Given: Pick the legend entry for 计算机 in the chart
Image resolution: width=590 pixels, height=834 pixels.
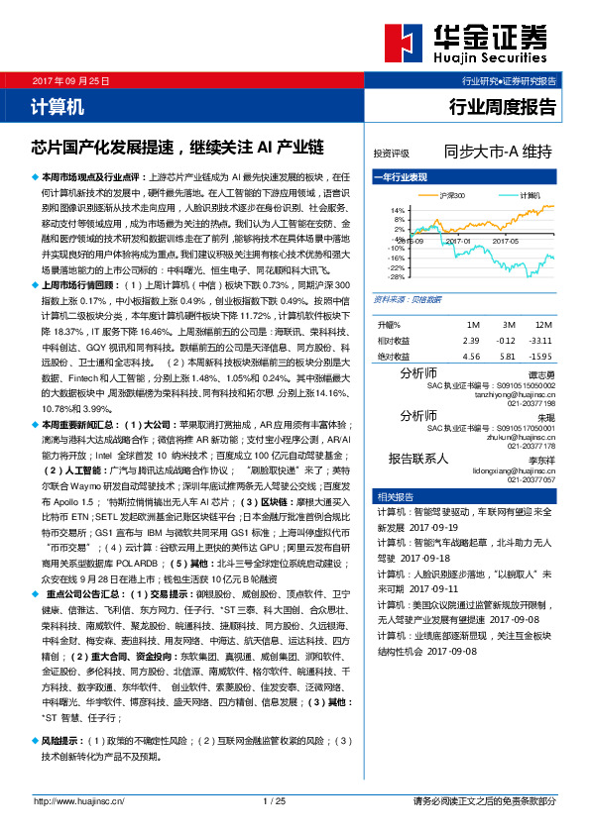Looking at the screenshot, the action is coord(507,196).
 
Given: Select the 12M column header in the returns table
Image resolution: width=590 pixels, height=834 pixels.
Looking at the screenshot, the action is coord(541,325).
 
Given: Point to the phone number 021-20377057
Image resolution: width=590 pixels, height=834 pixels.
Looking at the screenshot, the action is coord(533,478).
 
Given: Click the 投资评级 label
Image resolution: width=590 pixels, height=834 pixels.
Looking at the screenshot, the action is coord(391,155).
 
